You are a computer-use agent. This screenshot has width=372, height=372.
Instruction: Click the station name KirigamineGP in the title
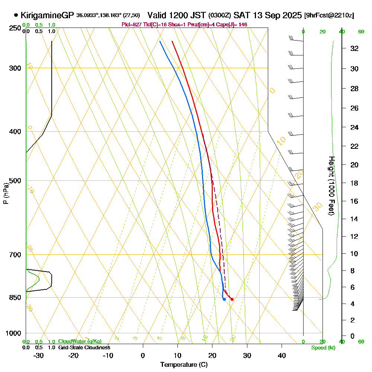pos(47,16)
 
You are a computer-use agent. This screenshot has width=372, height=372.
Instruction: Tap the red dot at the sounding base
pos(232,299)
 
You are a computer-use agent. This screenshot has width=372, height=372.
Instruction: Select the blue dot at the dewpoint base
pos(224,299)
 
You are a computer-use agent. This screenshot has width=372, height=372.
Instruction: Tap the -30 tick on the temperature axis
pos(39,355)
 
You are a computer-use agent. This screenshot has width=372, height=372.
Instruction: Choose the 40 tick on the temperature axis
pos(282,355)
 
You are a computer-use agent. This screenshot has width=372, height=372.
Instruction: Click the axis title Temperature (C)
pos(184,365)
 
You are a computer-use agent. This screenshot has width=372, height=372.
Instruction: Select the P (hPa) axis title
pos(6,193)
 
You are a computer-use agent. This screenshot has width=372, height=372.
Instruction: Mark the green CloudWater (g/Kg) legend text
pos(80,341)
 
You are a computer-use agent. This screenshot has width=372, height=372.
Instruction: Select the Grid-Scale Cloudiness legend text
pos(84,347)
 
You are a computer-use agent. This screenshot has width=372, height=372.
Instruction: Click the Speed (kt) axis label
pos(322,348)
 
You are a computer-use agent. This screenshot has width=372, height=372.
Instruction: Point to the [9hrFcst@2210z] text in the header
pos(329,16)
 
